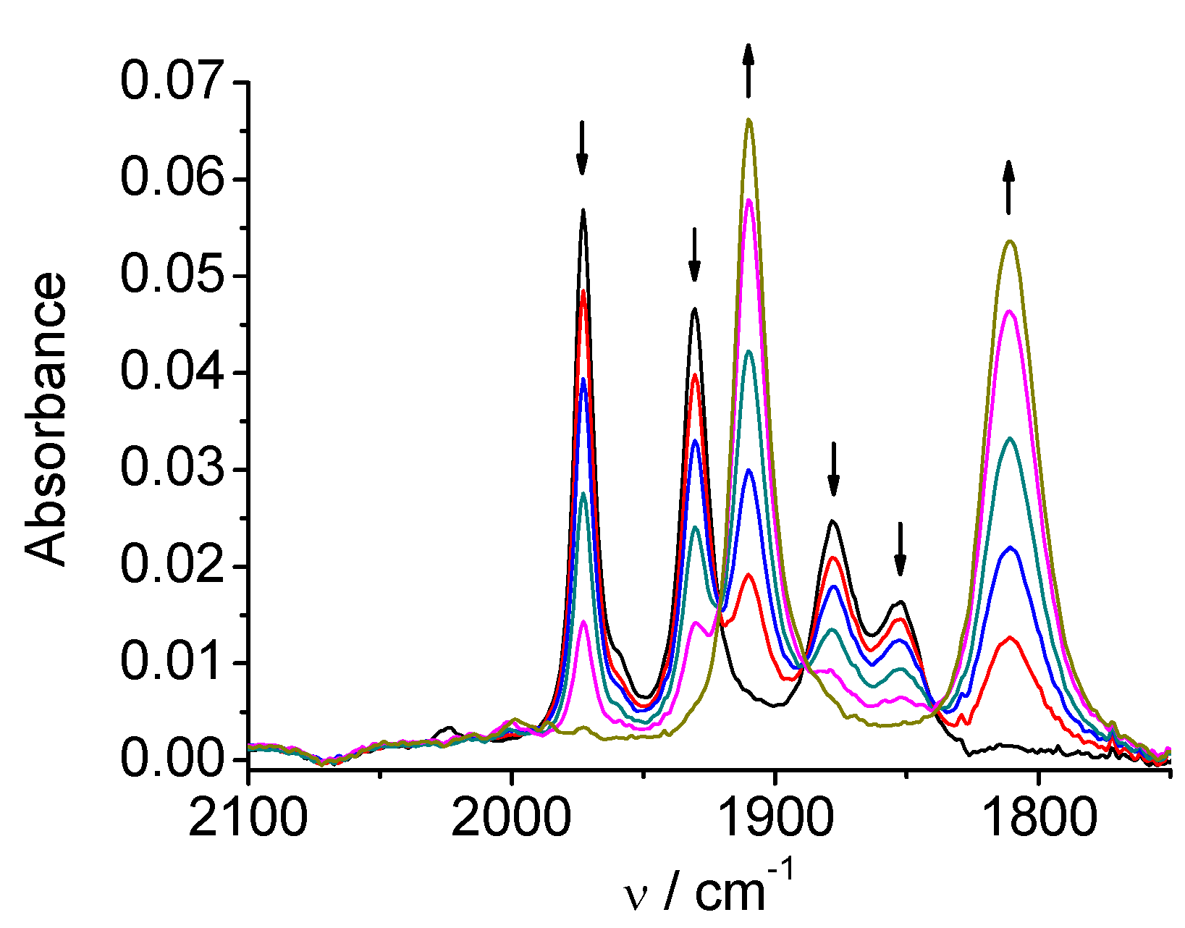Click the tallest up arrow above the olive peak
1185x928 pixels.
pos(748,69)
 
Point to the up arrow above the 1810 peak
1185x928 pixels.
pos(1008,187)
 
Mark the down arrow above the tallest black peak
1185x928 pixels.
pos(582,148)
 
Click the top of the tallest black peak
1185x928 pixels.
pos(583,210)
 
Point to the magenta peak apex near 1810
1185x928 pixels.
pos(1011,311)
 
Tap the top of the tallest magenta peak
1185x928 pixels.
pos(749,200)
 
